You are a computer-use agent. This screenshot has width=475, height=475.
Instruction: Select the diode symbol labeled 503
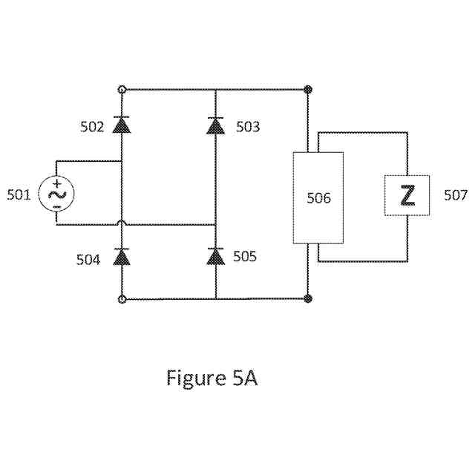[x=215, y=125]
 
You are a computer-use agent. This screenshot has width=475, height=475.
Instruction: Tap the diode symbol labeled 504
[x=121, y=257]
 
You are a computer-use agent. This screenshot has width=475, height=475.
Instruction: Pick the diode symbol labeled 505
[x=215, y=257]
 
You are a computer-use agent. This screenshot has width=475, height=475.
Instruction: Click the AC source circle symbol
[x=56, y=194]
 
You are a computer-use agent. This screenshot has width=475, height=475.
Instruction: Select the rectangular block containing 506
[x=318, y=198]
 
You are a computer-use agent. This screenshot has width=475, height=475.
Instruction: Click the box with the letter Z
[x=407, y=196]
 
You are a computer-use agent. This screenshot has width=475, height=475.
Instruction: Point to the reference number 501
[x=19, y=195]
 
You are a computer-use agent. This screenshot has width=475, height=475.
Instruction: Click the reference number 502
[x=92, y=126]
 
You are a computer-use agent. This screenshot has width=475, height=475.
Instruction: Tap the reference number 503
[x=248, y=126]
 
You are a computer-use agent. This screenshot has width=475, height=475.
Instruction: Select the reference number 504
[x=88, y=259]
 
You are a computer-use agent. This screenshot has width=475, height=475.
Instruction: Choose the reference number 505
[x=245, y=257]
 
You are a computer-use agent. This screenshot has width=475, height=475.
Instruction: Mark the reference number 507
[x=455, y=195]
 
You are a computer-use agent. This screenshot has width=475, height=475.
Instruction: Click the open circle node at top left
[x=122, y=89]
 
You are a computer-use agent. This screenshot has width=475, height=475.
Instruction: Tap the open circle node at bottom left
[x=122, y=299]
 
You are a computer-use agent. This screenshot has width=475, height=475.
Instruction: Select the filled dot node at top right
[x=308, y=89]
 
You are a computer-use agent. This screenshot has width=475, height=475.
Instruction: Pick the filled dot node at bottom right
[x=308, y=299]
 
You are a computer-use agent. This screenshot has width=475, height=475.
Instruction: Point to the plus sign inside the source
[x=56, y=183]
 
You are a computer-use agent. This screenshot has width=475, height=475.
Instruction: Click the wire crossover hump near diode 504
[x=121, y=222]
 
